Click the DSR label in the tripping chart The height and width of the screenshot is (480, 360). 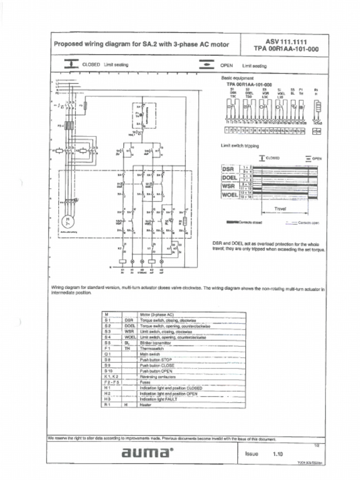[x=230, y=169]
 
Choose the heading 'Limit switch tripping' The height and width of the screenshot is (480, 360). [x=240, y=146]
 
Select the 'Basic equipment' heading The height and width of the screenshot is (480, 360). [x=237, y=78]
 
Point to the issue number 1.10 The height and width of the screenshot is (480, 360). [x=278, y=454]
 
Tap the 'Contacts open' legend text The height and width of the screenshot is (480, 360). [x=308, y=223]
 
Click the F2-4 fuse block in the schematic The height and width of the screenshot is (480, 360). [x=68, y=125]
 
